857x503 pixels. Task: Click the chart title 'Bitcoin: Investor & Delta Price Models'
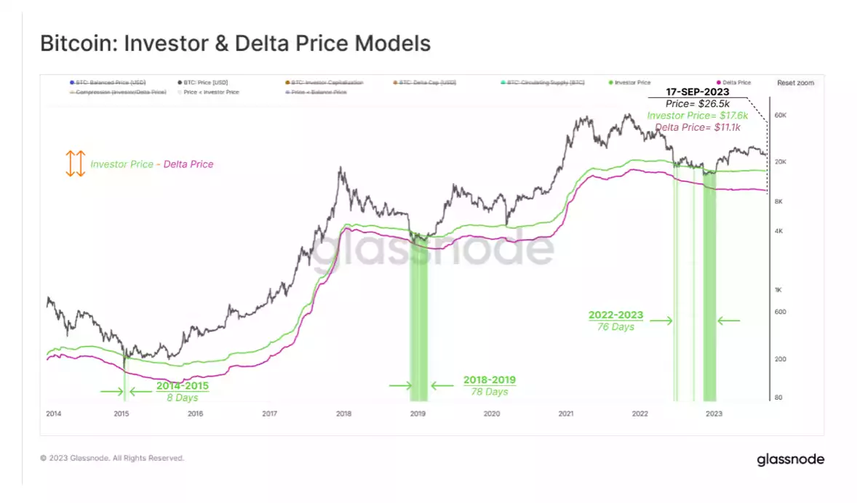coord(236,44)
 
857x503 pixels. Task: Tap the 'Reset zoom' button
coord(795,83)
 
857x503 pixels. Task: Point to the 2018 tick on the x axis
coord(344,414)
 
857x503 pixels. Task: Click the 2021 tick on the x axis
coord(567,414)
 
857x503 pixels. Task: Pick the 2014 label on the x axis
coord(53,414)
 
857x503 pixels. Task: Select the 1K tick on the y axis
coord(778,290)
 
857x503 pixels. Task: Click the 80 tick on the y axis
coord(778,398)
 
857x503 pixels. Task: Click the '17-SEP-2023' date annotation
coord(698,93)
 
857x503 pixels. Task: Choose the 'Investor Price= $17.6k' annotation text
coord(697,116)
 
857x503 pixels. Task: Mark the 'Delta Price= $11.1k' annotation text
coord(697,127)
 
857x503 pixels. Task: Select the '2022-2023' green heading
coord(615,315)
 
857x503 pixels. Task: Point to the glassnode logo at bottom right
coord(790,459)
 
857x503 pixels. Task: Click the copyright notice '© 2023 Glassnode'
coord(112,459)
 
